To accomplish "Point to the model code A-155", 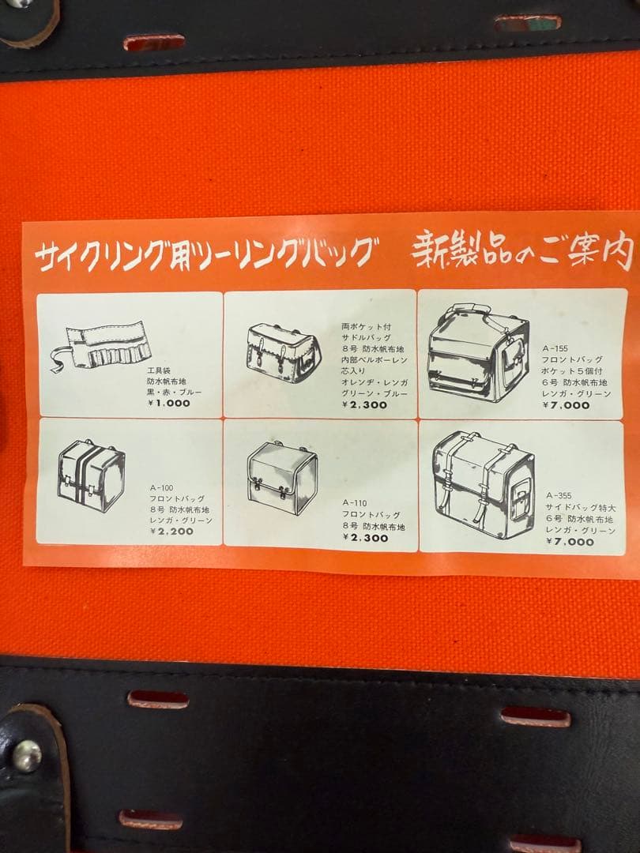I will pos(555,348).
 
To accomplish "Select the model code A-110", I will pos(356,503).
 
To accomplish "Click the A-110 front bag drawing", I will pos(281,477).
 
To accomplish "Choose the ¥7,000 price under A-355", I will pos(569,543).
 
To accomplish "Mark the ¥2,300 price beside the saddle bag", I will pos(364,404).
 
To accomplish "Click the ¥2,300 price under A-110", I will pos(365,538).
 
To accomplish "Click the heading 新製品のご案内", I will pos(523,253).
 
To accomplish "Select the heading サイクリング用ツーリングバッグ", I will pos(201,254).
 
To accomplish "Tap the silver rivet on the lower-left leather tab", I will pos(26,755).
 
